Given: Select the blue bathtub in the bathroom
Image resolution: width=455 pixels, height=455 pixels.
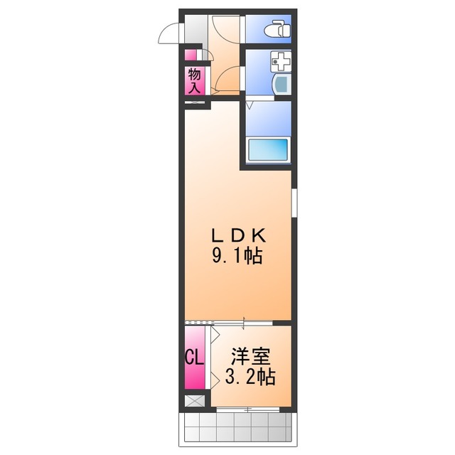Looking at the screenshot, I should [267, 150].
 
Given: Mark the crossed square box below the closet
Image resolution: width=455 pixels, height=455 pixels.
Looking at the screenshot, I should [193, 401].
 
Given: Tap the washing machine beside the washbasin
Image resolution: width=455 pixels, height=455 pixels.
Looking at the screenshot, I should [282, 84].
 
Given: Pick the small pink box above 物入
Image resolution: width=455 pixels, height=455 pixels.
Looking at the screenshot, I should [191, 55].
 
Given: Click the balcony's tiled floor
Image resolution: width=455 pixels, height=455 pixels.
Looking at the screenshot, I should [239, 427].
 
